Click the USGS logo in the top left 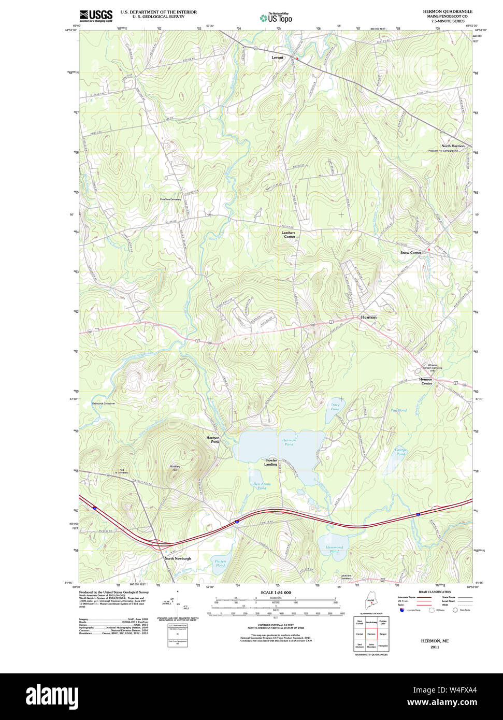[96, 16]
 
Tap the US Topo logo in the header [276, 18]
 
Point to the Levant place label [278, 57]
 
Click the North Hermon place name [453, 146]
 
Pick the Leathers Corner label [289, 235]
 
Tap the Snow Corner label [411, 253]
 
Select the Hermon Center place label [426, 381]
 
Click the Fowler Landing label [271, 462]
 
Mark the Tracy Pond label [335, 407]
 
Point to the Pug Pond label [398, 410]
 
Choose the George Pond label [400, 452]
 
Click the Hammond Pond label [334, 549]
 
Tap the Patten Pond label [220, 563]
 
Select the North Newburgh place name [178, 558]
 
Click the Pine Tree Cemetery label [170, 199]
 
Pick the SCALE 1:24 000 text [276, 593]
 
